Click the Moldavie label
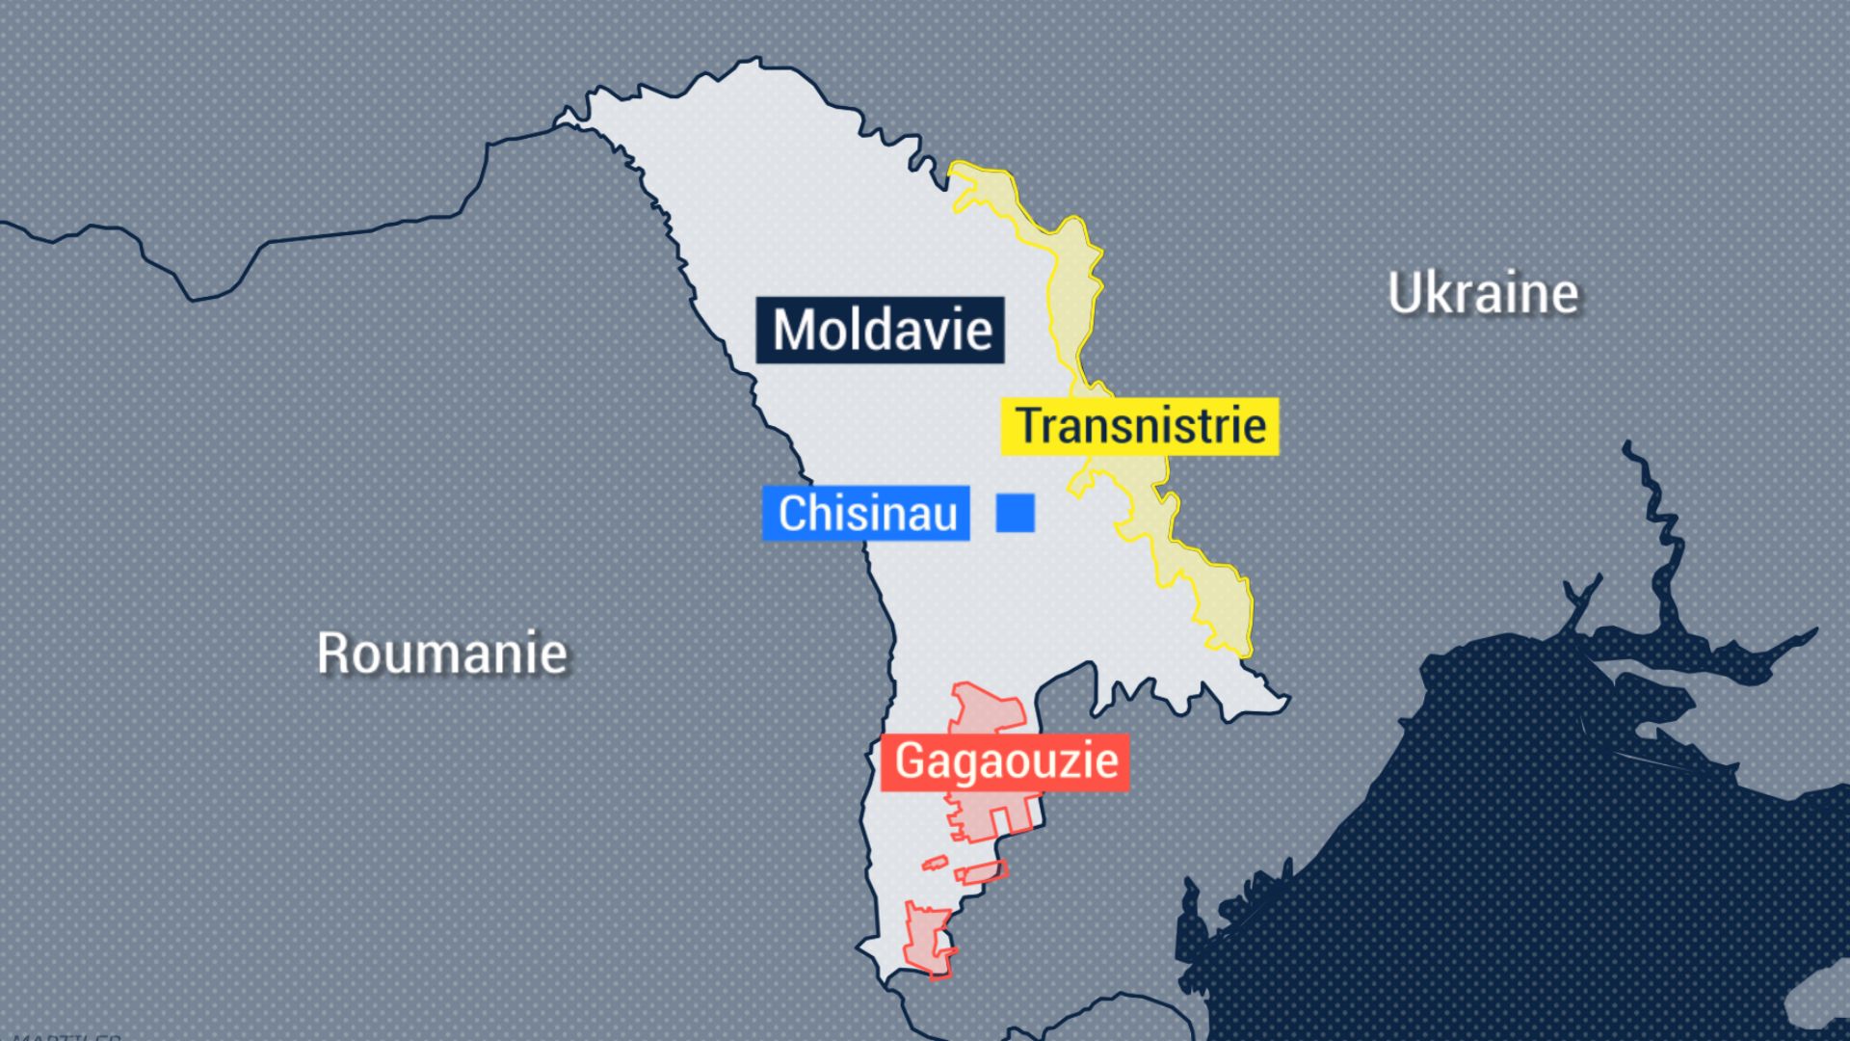(x=880, y=330)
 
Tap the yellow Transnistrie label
(x=1140, y=426)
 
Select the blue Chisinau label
(x=866, y=513)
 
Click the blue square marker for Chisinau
(x=1015, y=513)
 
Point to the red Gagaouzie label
(x=1005, y=761)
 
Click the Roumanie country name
(x=442, y=654)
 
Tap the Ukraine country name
(x=1483, y=293)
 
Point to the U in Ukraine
(x=1404, y=293)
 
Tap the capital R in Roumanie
(x=332, y=654)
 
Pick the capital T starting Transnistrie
(x=1030, y=426)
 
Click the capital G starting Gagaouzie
(x=911, y=761)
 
